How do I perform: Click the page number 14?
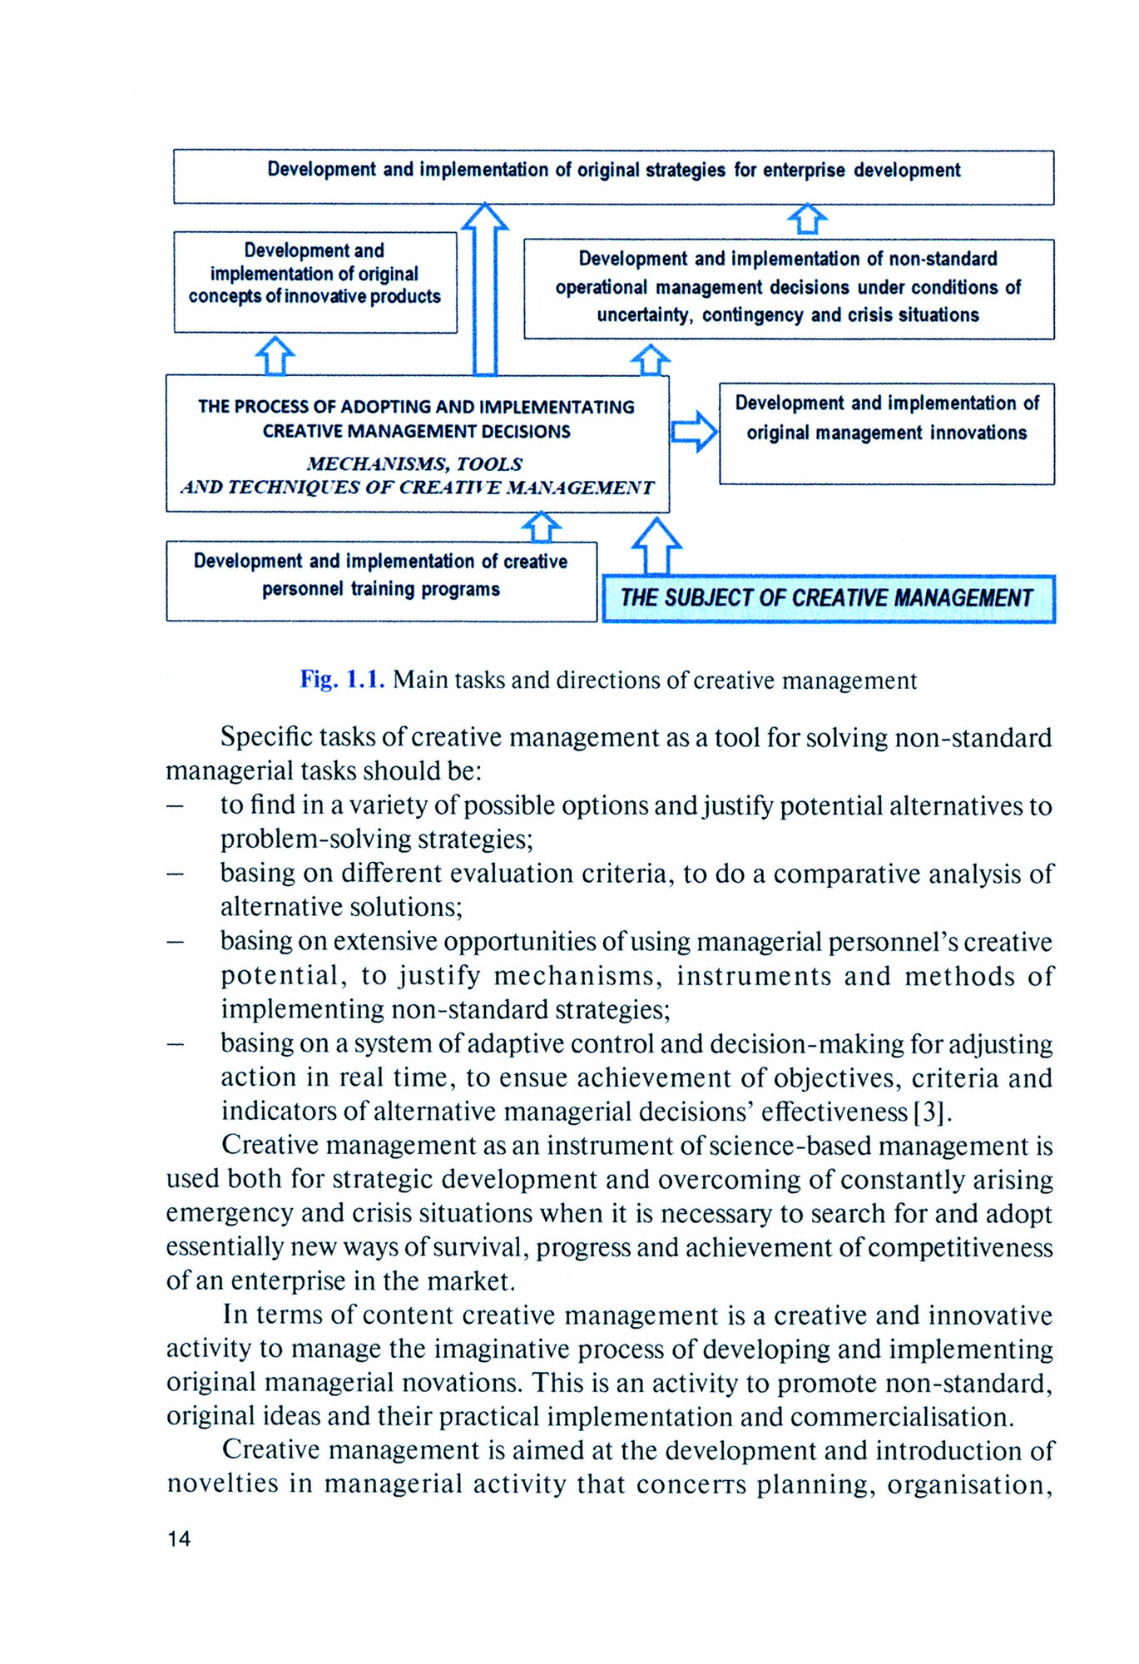179,1538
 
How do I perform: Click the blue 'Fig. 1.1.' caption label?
342,680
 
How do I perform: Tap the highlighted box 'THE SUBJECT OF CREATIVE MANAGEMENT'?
828,598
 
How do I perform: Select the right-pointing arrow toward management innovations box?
694,431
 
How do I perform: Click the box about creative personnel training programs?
381,580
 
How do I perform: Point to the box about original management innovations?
886,433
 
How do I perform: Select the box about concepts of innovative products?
314,281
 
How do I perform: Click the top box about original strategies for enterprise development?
613,176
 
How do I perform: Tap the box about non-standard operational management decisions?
788,288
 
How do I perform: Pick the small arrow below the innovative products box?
275,355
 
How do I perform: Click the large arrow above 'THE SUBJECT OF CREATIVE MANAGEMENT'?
657,546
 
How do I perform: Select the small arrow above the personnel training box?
542,527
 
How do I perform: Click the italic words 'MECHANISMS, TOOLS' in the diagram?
414,463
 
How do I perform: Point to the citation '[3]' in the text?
931,1112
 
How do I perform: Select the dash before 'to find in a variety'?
175,805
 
